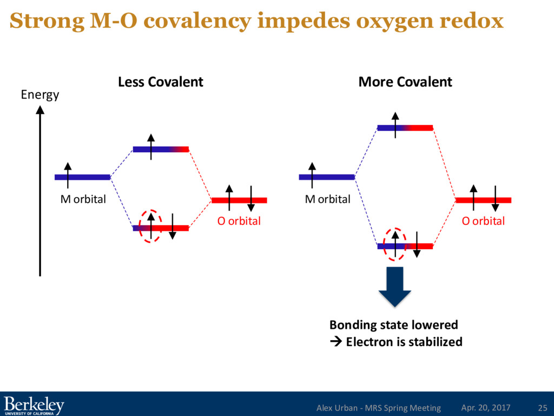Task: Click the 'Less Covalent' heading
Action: click(161, 82)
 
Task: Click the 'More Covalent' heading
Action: click(405, 82)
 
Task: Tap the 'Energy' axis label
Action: click(39, 95)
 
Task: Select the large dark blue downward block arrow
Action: click(395, 287)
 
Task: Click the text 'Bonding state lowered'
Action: click(393, 324)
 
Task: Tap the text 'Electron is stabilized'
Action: click(404, 342)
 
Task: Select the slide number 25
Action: click(542, 407)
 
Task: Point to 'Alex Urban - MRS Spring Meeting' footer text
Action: click(378, 407)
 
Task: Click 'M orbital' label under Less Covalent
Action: click(83, 199)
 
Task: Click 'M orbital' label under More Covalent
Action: click(327, 199)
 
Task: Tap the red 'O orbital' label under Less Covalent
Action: click(239, 221)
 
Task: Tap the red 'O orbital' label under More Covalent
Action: click(483, 221)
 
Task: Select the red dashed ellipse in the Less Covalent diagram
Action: click(150, 225)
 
